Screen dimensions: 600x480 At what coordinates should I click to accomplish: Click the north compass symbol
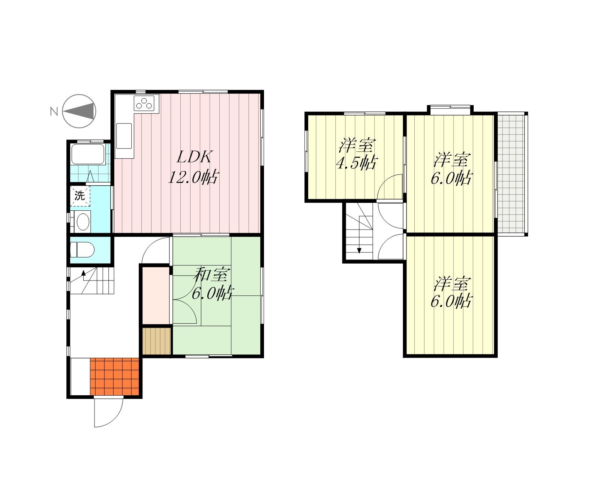coord(79,111)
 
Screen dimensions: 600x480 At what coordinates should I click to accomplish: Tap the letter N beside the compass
coord(54,112)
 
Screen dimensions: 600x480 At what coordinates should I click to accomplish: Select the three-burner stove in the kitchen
coord(144,103)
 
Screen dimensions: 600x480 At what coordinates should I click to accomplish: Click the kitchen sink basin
coord(124,136)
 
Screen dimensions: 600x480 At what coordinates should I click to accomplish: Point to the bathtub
coord(88,154)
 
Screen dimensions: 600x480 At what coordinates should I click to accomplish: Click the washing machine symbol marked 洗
coord(80,196)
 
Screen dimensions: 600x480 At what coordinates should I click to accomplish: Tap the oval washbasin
coord(83,222)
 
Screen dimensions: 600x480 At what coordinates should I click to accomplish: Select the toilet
coord(82,249)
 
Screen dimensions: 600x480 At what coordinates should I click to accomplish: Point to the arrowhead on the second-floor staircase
coord(359,250)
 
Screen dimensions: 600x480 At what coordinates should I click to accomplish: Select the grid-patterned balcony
coord(511,174)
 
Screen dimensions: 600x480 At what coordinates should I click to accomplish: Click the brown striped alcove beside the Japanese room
coord(156,341)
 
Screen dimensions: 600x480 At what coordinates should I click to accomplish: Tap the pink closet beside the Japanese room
coord(156,295)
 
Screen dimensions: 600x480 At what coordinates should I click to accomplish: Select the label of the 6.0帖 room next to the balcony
coord(451,168)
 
